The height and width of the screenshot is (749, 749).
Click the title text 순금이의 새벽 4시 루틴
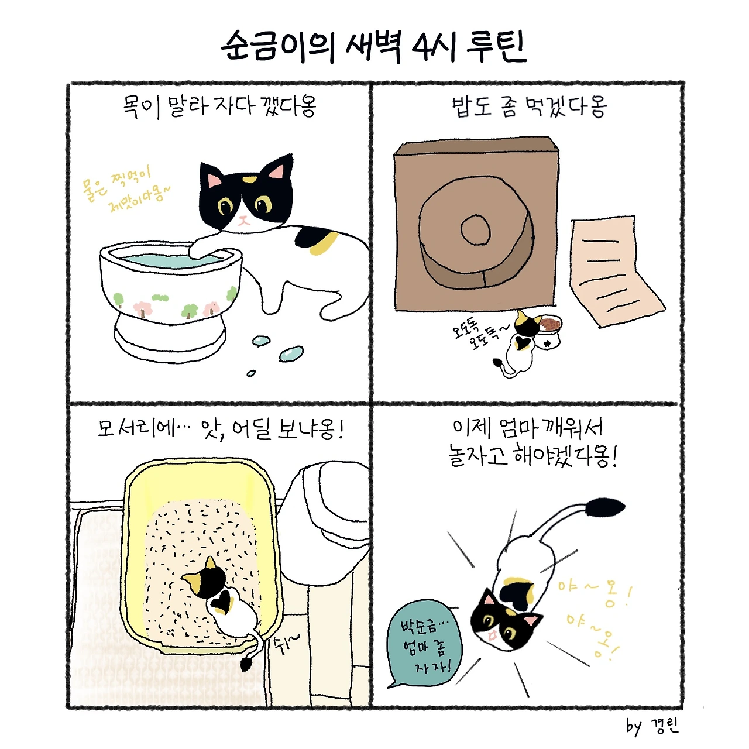tap(374, 47)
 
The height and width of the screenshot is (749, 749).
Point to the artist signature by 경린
tap(652, 726)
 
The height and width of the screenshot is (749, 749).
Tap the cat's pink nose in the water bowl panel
tap(243, 218)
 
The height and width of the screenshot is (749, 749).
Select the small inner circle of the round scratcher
tap(475, 229)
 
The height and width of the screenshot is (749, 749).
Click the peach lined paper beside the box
tap(616, 271)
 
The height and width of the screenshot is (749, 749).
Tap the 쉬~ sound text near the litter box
tap(287, 645)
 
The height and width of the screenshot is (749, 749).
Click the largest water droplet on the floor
tap(291, 353)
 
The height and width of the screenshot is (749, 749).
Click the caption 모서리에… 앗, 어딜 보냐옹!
tap(221, 429)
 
